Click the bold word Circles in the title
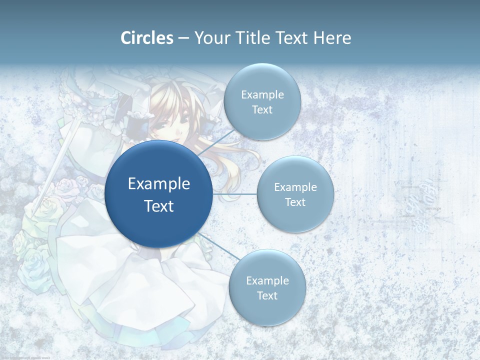(x=147, y=38)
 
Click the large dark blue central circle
(x=159, y=194)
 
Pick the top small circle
(x=262, y=101)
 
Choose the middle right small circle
(x=295, y=194)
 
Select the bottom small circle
(x=267, y=287)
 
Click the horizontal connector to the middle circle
(x=235, y=194)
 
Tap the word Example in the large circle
(x=159, y=183)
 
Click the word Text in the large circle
(x=159, y=205)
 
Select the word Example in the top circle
(x=262, y=94)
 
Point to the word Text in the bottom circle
(x=267, y=295)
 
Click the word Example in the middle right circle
(x=295, y=187)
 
